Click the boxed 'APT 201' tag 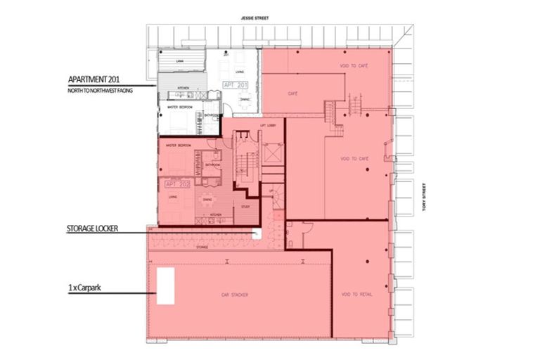pyautogui.click(x=236, y=85)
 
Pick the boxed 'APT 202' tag pyautogui.click(x=177, y=184)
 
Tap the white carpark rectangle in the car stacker pyautogui.click(x=165, y=285)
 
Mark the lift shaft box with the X pyautogui.click(x=273, y=153)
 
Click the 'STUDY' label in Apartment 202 pyautogui.click(x=245, y=207)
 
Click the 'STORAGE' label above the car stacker pyautogui.click(x=202, y=247)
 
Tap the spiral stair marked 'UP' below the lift pyautogui.click(x=276, y=197)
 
